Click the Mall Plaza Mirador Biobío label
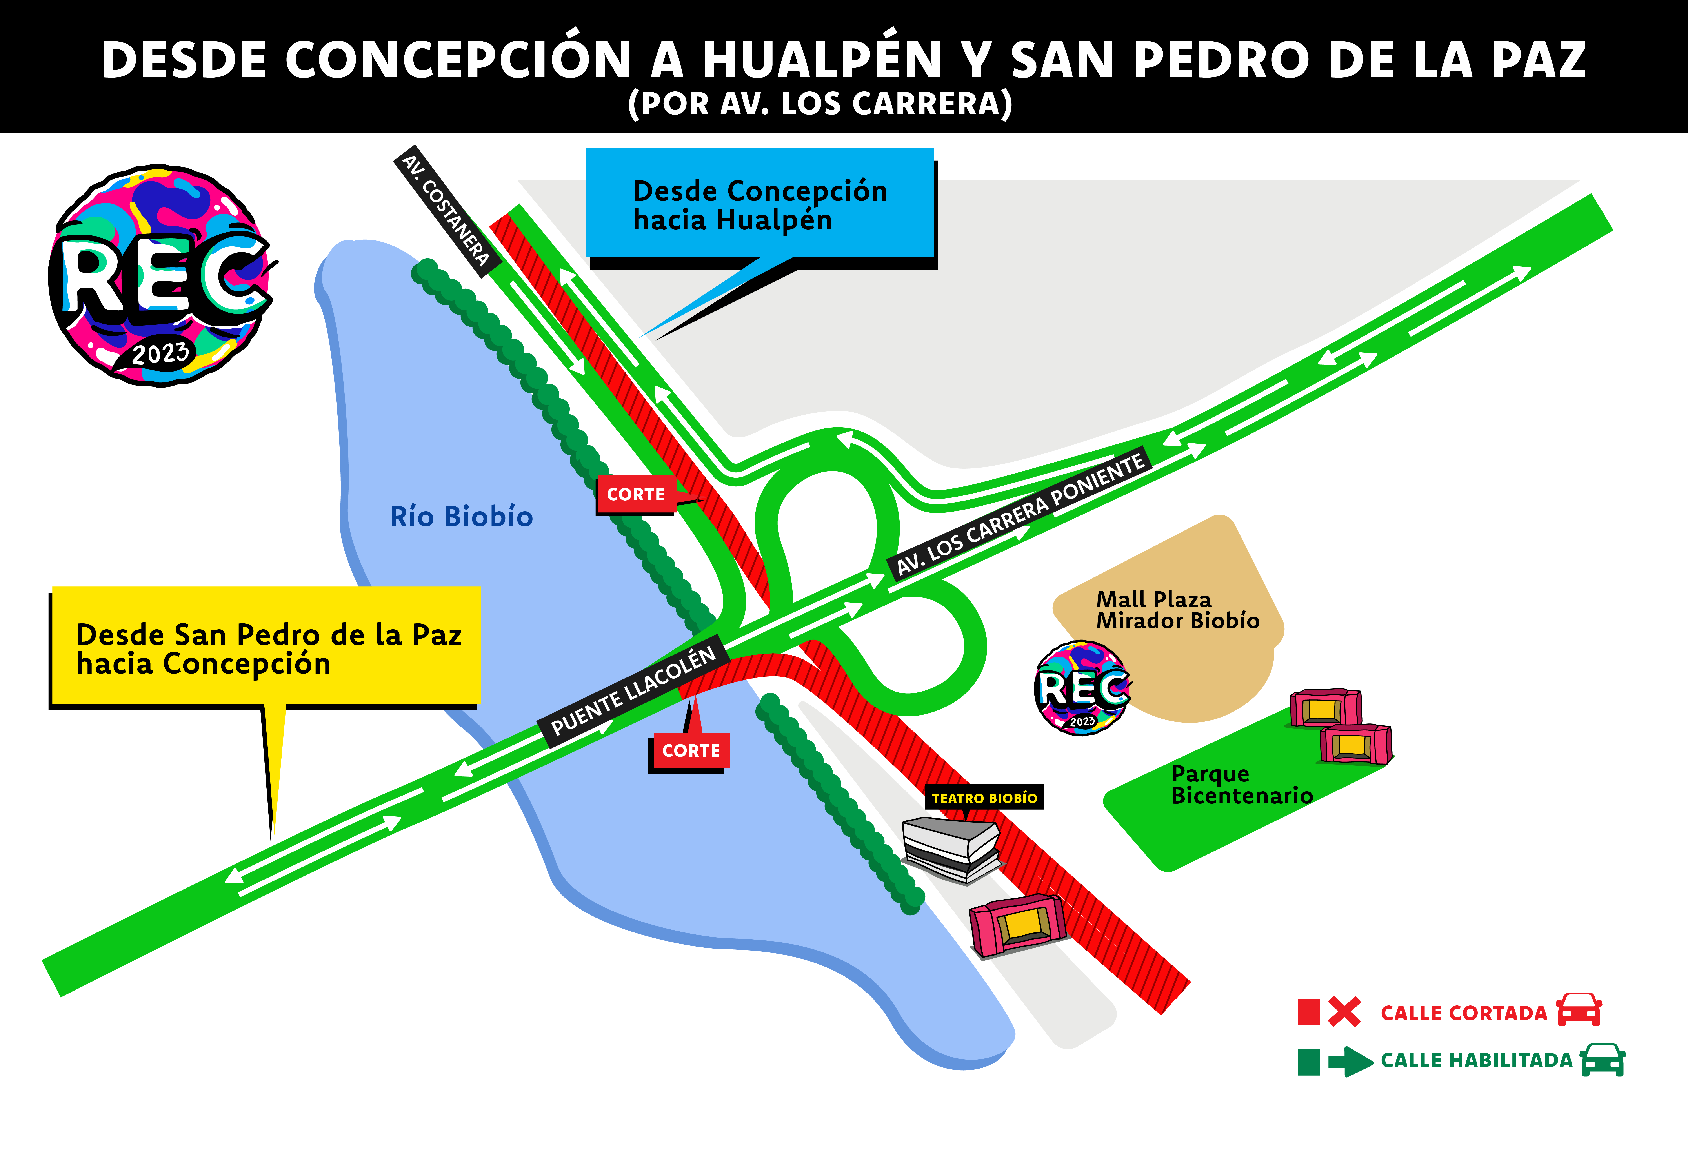coord(1177,610)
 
